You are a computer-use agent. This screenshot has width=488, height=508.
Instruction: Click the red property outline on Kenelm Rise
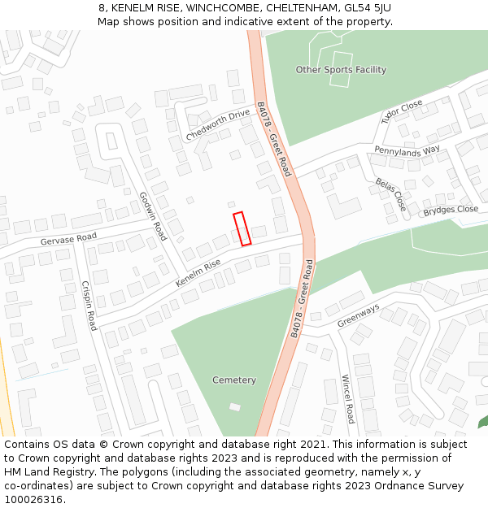[x=242, y=228]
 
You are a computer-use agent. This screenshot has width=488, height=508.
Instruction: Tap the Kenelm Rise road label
[x=198, y=273]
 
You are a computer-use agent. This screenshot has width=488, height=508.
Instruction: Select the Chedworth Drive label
[x=218, y=125]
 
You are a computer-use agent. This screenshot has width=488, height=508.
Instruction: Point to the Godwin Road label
[x=152, y=215]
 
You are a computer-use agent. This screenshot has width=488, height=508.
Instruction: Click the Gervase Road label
[x=68, y=239]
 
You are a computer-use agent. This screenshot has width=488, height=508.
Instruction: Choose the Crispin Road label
[x=89, y=305]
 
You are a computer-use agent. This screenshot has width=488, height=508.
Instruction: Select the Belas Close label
[x=390, y=194]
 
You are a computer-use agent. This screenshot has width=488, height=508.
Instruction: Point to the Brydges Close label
[x=451, y=210]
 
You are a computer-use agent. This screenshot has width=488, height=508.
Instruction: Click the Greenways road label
[x=359, y=315]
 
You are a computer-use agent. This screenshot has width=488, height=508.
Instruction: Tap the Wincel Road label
[x=347, y=398]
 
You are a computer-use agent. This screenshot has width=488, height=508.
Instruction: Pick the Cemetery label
[x=234, y=380]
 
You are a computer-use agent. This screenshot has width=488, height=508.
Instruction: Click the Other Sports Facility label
[x=341, y=70]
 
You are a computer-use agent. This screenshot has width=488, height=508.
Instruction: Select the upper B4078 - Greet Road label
[x=273, y=139]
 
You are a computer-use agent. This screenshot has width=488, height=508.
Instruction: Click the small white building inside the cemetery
[x=235, y=406]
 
